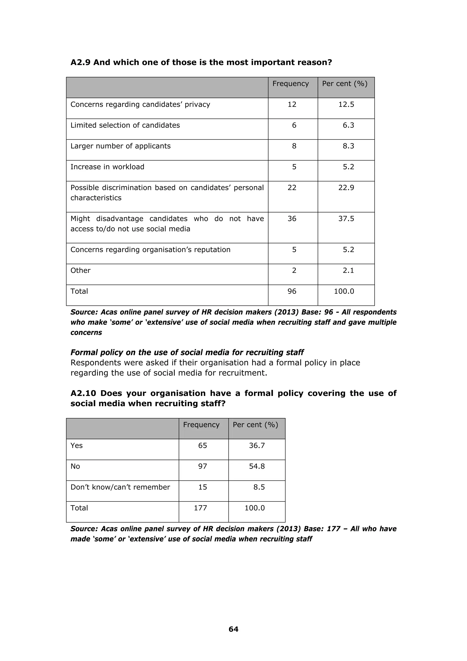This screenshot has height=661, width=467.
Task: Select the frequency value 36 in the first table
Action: tap(292, 219)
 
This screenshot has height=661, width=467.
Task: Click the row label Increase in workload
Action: tap(107, 167)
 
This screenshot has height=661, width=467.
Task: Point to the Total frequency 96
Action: tap(292, 291)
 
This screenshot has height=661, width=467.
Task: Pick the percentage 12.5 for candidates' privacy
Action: tap(346, 104)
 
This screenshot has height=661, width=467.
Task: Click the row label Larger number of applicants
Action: tap(121, 146)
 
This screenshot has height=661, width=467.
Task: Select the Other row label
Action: tap(80, 270)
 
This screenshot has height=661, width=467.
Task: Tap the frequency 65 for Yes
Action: tap(202, 445)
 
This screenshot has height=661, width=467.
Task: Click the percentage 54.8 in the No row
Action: tap(257, 466)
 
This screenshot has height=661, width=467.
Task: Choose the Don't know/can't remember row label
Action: tap(120, 487)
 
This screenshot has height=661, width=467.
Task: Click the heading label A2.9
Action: tap(80, 62)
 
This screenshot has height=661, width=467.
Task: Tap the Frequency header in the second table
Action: tap(201, 425)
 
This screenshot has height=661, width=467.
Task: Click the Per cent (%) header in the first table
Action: tap(345, 84)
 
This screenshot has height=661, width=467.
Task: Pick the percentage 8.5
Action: tap(259, 487)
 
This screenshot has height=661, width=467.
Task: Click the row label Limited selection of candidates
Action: tap(125, 125)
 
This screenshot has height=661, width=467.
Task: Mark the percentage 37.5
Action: tap(346, 219)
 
